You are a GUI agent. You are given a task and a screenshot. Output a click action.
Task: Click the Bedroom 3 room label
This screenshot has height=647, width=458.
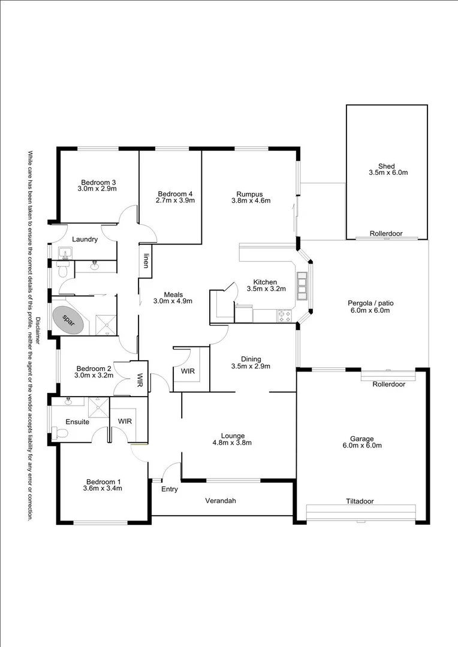(98, 182)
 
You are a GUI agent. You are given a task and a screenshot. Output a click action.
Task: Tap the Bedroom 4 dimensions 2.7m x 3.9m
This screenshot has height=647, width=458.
(175, 201)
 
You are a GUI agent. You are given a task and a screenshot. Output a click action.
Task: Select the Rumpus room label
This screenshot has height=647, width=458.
(249, 194)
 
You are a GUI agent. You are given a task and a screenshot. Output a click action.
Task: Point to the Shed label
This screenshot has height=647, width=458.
(387, 166)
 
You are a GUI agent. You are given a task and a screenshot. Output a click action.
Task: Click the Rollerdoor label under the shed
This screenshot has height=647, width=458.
(386, 234)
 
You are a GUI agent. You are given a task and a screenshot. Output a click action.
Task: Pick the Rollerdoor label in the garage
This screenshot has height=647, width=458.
(388, 384)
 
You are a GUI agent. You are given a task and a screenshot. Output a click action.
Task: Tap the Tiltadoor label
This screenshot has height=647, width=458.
(360, 501)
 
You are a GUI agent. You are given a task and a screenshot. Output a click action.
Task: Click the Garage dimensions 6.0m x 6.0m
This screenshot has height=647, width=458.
(362, 445)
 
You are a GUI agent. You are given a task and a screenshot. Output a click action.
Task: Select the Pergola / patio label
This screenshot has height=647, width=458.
(370, 303)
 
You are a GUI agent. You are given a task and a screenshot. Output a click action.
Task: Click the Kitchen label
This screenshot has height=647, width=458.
(265, 282)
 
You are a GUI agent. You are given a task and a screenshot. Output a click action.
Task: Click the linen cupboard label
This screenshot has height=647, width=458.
(146, 261)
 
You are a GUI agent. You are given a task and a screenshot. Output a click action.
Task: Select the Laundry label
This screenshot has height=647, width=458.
(85, 240)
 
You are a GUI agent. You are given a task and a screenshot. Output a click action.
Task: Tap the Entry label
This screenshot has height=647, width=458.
(170, 489)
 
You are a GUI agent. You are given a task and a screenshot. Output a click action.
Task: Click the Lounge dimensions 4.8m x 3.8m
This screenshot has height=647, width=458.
(231, 443)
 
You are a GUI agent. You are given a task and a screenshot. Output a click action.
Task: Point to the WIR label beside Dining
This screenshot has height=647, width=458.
(188, 371)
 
